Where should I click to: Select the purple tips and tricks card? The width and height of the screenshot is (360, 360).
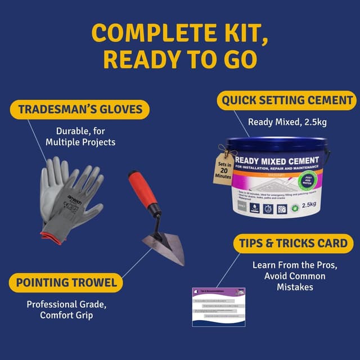218,307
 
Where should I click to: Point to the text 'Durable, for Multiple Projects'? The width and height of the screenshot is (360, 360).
80,136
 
